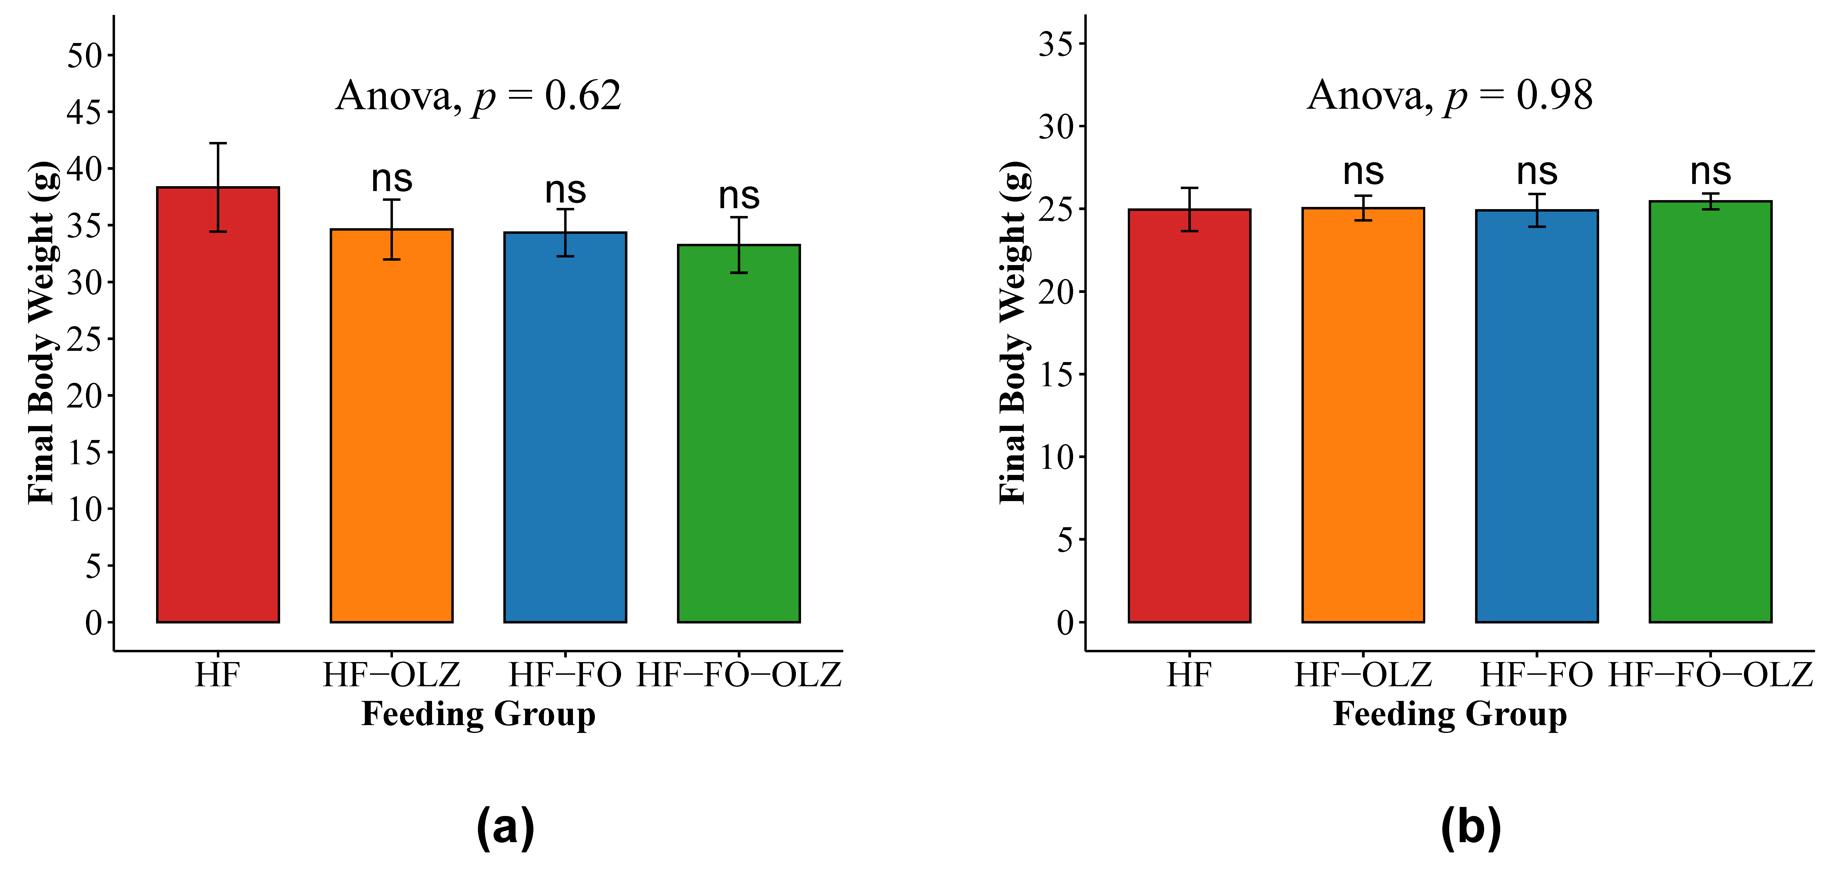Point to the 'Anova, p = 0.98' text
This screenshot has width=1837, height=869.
tap(1450, 95)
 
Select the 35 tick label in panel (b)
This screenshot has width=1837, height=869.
tap(1056, 44)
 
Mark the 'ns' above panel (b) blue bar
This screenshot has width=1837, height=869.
tap(1537, 172)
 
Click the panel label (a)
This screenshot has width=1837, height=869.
tap(505, 828)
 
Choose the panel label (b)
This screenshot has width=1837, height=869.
tap(1470, 828)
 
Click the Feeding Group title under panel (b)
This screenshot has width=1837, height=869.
tap(1450, 714)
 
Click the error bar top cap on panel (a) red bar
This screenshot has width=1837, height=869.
tap(218, 143)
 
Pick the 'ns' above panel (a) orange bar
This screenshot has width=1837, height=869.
tap(391, 178)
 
